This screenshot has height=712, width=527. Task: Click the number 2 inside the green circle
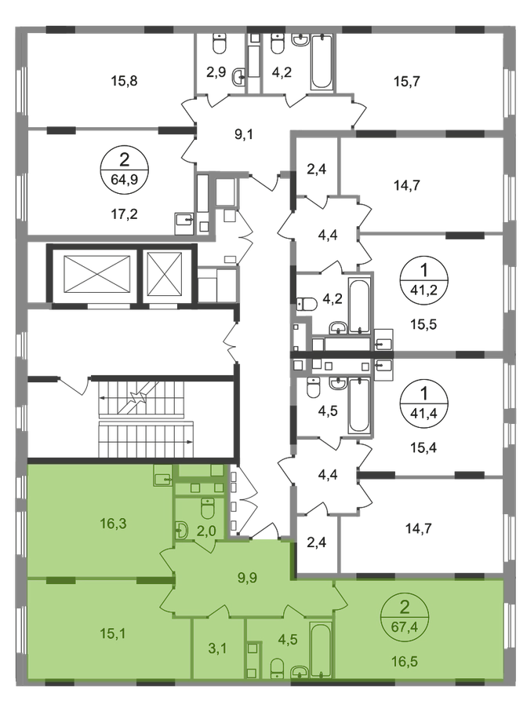pos(405,606)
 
